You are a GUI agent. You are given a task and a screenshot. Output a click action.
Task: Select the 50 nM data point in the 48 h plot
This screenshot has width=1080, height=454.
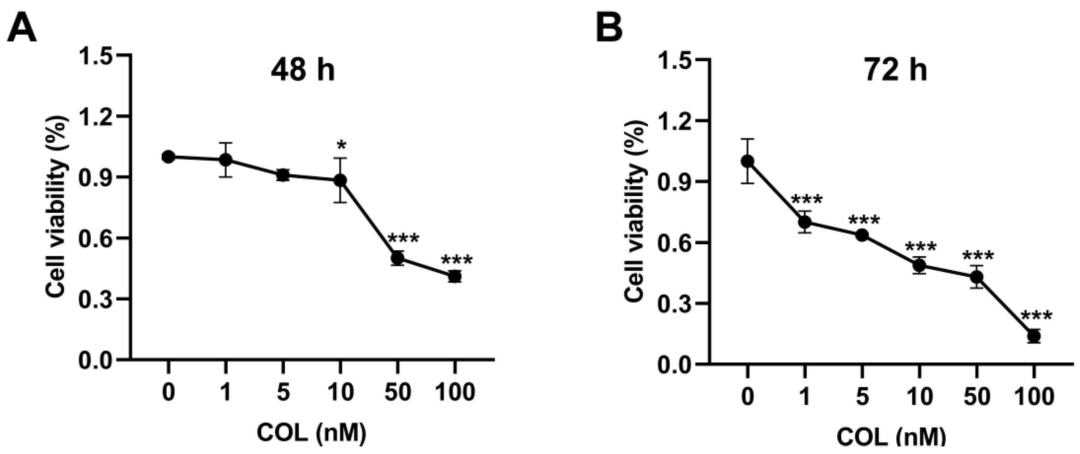[397, 258]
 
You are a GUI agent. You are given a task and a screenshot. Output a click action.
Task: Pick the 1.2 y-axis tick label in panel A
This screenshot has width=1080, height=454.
[97, 116]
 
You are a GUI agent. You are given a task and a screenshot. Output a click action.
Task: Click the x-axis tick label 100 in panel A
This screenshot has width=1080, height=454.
[455, 393]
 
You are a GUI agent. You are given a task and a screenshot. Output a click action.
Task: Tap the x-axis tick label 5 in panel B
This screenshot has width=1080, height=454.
[862, 396]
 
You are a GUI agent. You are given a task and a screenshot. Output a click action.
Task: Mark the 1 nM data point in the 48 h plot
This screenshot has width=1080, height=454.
[226, 160]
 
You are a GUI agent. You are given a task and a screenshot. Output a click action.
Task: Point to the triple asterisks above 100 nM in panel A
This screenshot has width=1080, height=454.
[457, 260]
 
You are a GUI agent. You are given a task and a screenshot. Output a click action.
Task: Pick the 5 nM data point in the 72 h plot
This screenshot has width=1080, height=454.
[862, 235]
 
